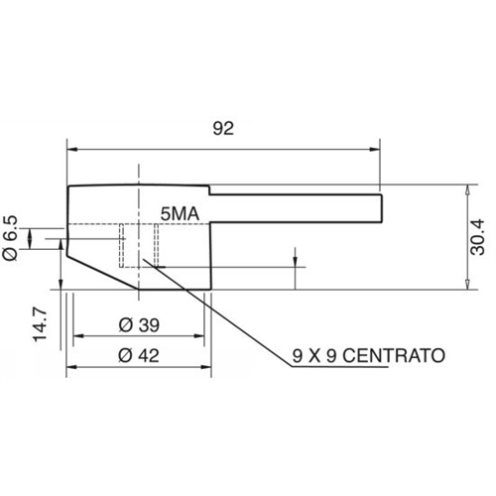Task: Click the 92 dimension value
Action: (223, 128)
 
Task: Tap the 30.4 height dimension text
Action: (477, 237)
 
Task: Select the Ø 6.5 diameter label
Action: (10, 238)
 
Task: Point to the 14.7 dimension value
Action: (40, 324)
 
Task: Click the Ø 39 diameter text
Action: (139, 325)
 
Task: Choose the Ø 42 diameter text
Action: (139, 356)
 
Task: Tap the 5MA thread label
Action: (180, 214)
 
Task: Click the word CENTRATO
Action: (394, 356)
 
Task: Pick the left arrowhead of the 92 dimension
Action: (72, 150)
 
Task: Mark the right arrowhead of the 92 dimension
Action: (375, 150)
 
